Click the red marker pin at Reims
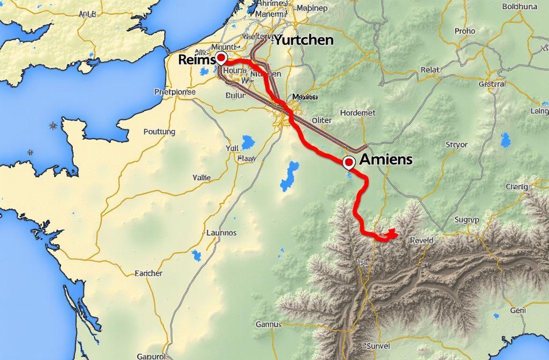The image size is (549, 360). (220, 58)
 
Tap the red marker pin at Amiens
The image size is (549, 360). (348, 161)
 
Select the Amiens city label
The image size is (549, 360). (386, 159)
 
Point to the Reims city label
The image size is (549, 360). (196, 60)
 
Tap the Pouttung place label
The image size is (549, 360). (160, 131)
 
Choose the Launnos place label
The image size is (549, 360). (221, 233)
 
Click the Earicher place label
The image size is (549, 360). (149, 273)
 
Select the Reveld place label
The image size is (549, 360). (421, 241)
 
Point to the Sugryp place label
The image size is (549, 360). (466, 219)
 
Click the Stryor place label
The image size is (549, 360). (457, 144)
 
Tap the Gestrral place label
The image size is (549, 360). (492, 84)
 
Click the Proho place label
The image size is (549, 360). (465, 31)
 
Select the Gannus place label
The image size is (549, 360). (269, 324)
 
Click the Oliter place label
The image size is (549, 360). (322, 121)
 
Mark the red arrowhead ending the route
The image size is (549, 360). (392, 234)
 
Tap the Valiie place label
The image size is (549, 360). (202, 177)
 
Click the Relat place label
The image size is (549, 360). (430, 70)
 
